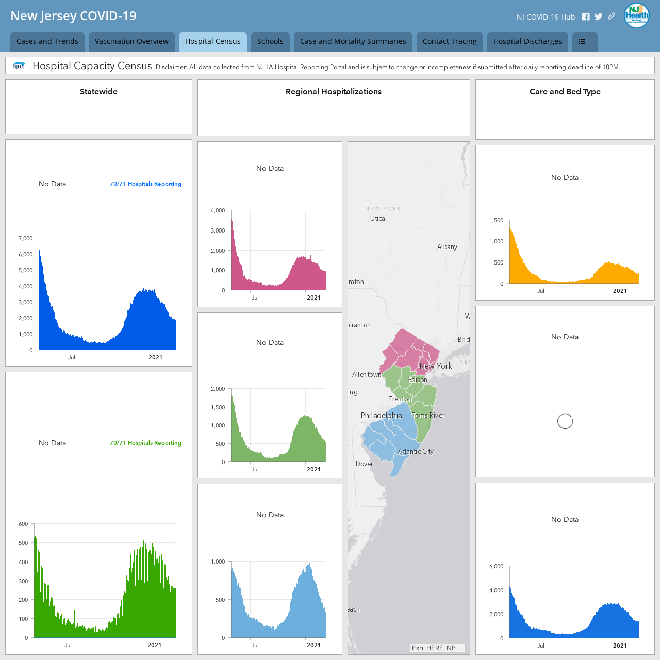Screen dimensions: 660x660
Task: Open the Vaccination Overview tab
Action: point(131,41)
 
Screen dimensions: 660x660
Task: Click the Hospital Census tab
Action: point(212,41)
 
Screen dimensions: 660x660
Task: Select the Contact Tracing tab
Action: point(449,41)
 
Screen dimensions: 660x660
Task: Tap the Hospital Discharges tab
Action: point(527,41)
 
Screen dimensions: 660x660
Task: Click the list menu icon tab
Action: point(585,41)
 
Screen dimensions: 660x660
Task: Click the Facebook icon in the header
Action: point(586,17)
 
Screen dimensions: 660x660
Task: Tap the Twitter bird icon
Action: point(598,17)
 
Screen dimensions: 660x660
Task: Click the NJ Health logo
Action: point(636,16)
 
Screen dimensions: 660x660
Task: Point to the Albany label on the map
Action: point(447,246)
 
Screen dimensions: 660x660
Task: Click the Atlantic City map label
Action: point(416,451)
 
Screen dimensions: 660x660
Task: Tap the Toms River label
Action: point(428,415)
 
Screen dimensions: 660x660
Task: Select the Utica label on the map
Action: point(377,218)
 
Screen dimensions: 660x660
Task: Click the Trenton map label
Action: point(401,399)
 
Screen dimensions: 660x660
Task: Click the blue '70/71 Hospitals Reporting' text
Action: point(145,184)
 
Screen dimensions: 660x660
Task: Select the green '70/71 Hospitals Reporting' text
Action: point(145,443)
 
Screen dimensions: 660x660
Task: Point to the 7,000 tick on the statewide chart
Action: point(26,238)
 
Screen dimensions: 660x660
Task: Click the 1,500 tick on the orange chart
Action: point(496,220)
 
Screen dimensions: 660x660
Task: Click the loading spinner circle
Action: point(565,421)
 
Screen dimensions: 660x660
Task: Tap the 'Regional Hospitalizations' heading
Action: point(334,91)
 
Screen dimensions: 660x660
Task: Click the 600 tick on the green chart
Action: point(23,524)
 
